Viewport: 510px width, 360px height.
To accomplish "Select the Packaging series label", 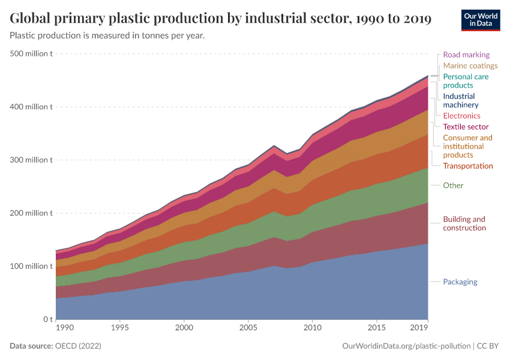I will tap(460, 281).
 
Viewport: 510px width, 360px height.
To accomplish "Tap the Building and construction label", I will tap(464, 223).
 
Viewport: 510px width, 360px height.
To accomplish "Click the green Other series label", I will tap(453, 185).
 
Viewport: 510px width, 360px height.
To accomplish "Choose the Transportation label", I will tap(467, 166).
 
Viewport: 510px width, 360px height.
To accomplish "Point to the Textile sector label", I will tap(466, 127).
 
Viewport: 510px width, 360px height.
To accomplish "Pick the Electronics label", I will tap(461, 116).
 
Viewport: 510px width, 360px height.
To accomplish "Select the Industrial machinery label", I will tap(460, 100).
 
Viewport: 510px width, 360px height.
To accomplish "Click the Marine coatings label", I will tap(470, 65).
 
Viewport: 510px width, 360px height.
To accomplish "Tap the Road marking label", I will tap(466, 55).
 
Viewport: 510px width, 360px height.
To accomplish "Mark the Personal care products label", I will tap(466, 81).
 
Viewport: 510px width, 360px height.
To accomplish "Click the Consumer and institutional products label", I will tap(467, 146).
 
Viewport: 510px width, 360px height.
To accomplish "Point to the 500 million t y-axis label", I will tap(31, 53).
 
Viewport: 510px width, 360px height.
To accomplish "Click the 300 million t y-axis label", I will tap(31, 160).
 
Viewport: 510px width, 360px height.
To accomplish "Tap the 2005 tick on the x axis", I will tap(248, 329).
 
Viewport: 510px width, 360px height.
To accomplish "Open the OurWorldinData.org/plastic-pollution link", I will tap(406, 346).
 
